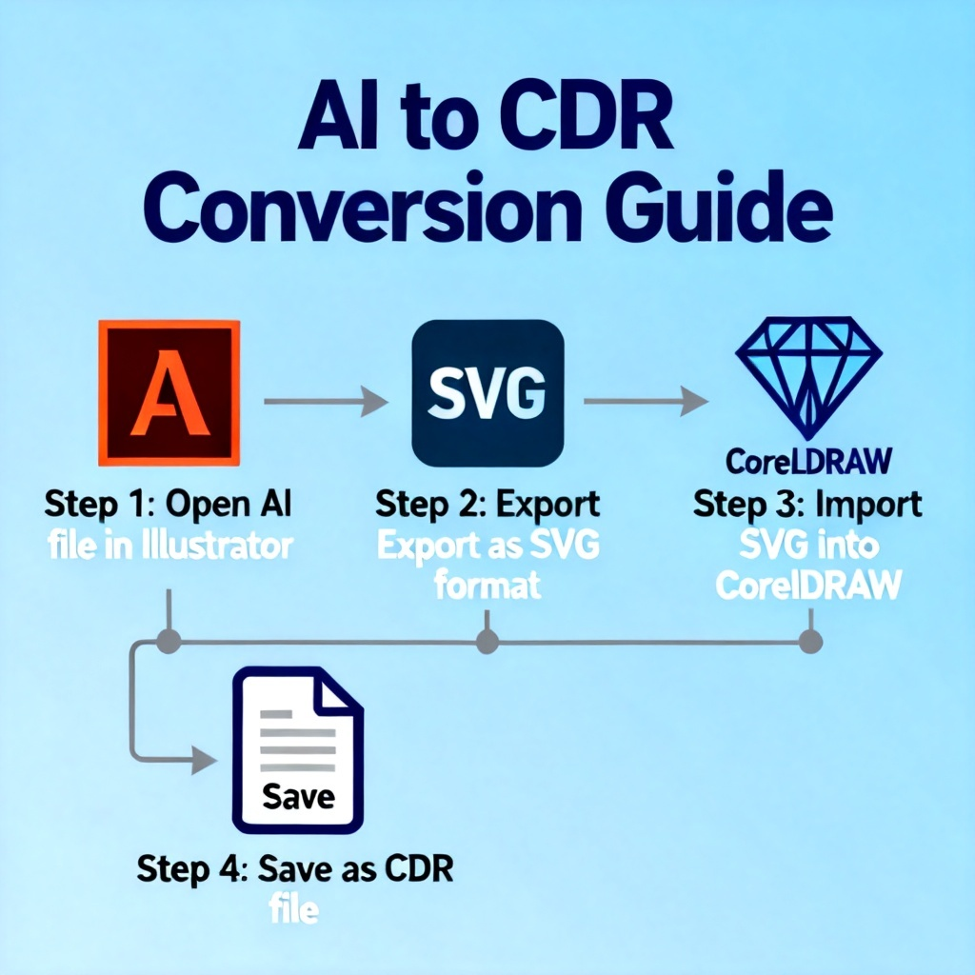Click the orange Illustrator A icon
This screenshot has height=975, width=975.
pyautogui.click(x=169, y=393)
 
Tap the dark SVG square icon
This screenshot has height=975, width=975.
pyautogui.click(x=488, y=393)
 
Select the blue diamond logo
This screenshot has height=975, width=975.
pyautogui.click(x=809, y=377)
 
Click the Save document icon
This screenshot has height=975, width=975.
pyautogui.click(x=298, y=750)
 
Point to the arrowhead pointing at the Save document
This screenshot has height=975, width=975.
pyautogui.click(x=204, y=760)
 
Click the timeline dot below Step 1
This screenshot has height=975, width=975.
pyautogui.click(x=169, y=641)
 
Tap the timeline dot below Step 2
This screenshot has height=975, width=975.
pyautogui.click(x=487, y=641)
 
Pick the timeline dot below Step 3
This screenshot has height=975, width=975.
pyautogui.click(x=810, y=641)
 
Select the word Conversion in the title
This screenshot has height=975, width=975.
pyautogui.click(x=363, y=207)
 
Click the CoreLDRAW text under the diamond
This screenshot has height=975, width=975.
pyautogui.click(x=809, y=462)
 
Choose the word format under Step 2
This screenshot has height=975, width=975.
pyautogui.click(x=487, y=586)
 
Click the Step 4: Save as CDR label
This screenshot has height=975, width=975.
pyautogui.click(x=295, y=868)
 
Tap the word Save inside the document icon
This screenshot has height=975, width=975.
pyautogui.click(x=298, y=796)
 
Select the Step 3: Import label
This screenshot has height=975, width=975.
pyautogui.click(x=807, y=504)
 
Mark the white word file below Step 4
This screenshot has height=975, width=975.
pyautogui.click(x=294, y=909)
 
